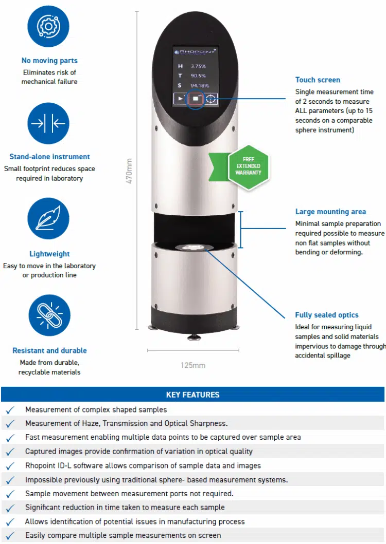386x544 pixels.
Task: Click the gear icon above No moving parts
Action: (x=48, y=26)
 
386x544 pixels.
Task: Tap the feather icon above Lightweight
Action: (x=48, y=219)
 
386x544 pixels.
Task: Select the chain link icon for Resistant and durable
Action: (x=48, y=316)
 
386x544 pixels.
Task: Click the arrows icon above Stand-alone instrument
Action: (x=48, y=123)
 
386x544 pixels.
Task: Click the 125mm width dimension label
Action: (x=193, y=365)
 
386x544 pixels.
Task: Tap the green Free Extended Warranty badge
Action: (x=248, y=166)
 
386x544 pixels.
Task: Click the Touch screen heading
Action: (x=318, y=80)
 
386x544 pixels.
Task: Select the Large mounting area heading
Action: (x=330, y=211)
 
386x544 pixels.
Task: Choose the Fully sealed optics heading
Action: (x=327, y=315)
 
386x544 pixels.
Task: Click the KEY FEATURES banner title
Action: (x=192, y=395)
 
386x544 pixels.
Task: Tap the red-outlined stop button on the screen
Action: (x=195, y=99)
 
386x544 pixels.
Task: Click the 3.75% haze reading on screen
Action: (x=198, y=66)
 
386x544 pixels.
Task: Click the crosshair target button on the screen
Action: (x=211, y=99)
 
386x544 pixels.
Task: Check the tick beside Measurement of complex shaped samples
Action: (x=10, y=410)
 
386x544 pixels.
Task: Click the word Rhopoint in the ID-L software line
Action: (x=41, y=465)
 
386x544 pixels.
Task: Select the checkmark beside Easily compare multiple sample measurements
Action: (x=10, y=535)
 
